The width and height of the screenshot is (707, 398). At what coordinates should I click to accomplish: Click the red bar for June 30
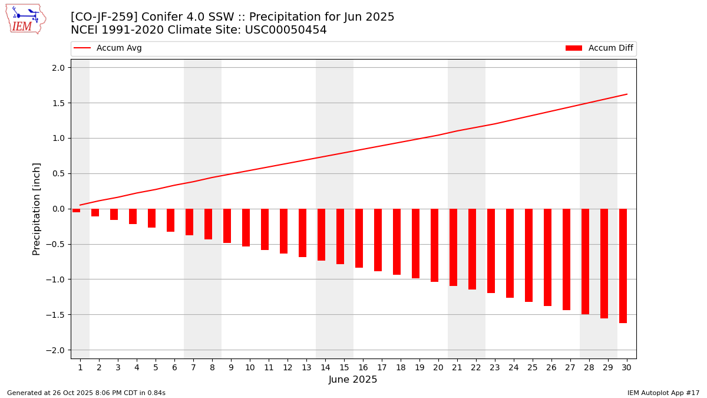coord(623,266)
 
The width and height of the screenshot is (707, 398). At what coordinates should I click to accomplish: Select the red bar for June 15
coord(340,236)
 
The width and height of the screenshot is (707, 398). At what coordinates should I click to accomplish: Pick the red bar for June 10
coord(246,228)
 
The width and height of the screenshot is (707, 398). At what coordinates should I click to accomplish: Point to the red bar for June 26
coord(547,257)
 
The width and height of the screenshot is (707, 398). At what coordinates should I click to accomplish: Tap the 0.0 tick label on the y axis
coord(58,209)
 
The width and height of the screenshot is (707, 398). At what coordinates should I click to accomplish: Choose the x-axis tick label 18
coord(401,368)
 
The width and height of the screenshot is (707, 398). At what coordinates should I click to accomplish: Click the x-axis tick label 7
coord(193,368)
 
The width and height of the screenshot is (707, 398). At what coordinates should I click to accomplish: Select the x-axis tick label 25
coord(533,368)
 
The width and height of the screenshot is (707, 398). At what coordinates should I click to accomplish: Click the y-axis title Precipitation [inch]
coord(37,209)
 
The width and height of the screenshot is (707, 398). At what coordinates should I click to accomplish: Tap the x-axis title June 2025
coord(353,380)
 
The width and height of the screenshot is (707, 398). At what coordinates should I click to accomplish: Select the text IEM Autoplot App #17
coord(663,393)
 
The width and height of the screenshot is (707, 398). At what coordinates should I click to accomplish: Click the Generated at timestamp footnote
coord(86,393)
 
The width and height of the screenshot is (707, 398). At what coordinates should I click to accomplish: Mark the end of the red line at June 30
coord(627,94)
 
